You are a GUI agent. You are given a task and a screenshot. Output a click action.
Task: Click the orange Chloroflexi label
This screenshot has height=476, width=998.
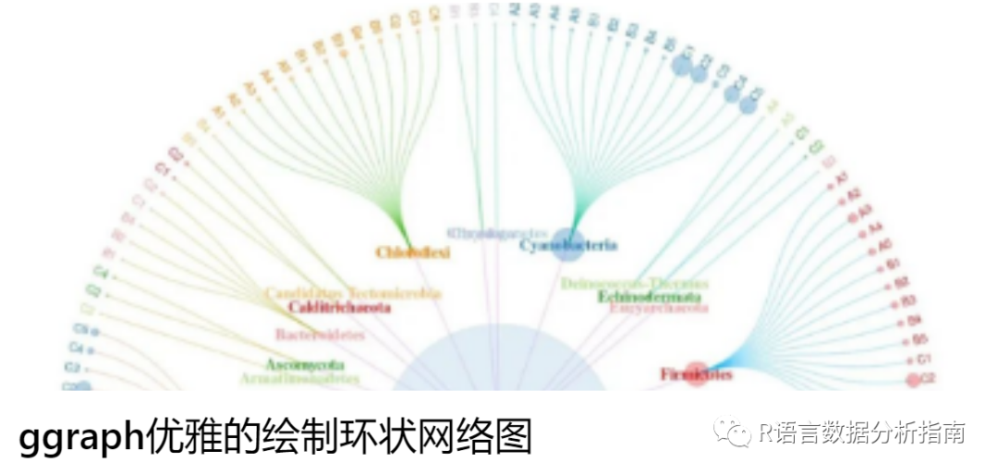tap(412, 251)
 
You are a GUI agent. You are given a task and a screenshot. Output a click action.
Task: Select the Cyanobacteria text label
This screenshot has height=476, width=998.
tap(567, 245)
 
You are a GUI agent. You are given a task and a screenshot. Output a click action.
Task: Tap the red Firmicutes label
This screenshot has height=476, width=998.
tap(697, 374)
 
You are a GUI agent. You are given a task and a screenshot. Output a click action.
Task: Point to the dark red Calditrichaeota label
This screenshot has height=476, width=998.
tap(339, 307)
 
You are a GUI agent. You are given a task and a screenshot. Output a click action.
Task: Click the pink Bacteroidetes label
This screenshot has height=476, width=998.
tap(319, 334)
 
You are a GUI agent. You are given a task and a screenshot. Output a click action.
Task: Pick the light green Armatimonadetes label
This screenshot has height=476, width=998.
tap(299, 378)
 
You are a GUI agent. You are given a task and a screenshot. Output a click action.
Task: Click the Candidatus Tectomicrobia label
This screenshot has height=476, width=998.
tap(353, 293)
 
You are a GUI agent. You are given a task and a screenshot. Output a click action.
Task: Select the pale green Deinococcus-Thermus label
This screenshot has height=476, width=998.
tap(634, 283)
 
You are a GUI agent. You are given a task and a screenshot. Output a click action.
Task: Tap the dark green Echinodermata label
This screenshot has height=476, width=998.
tap(648, 297)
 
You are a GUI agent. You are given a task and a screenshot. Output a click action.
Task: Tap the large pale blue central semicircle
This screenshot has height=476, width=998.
tap(500, 360)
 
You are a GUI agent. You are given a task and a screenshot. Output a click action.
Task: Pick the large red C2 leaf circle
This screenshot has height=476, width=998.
tap(913, 379)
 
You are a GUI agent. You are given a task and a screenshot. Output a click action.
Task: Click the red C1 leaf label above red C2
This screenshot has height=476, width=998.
tap(923, 359)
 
